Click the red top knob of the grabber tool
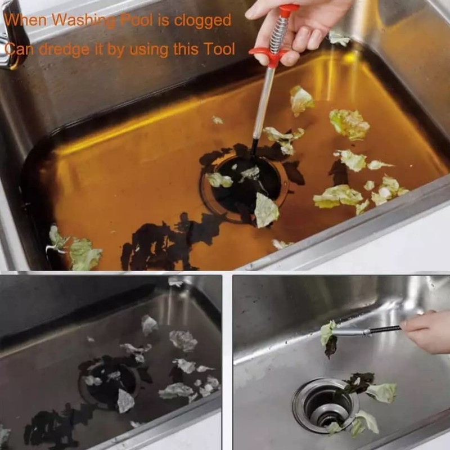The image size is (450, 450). pyautogui.click(x=288, y=10)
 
